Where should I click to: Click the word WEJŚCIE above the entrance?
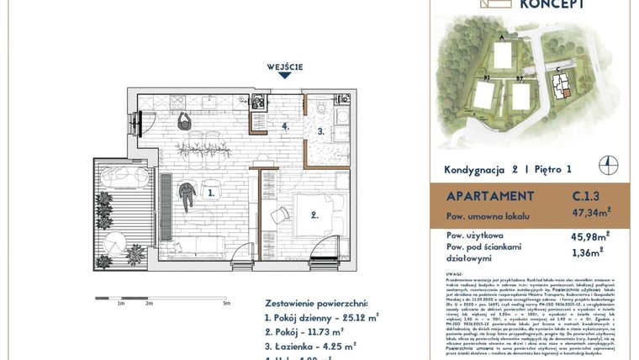[285, 66]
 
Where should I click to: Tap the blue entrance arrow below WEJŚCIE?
[285, 77]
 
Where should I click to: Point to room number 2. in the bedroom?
[314, 215]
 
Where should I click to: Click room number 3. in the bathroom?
[320, 132]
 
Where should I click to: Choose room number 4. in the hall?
[286, 127]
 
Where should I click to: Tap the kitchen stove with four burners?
[257, 103]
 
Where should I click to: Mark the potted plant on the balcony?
[134, 253]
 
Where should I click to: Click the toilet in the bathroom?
[323, 107]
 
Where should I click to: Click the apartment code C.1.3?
[574, 197]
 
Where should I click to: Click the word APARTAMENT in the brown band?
[483, 197]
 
